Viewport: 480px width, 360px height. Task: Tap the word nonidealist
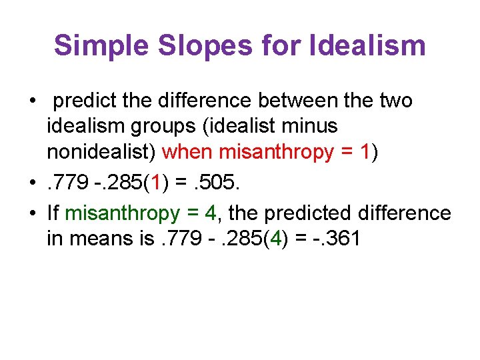[101, 152]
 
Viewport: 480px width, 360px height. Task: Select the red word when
[188, 152]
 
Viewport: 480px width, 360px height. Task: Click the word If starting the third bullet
[53, 213]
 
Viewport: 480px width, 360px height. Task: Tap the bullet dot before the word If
[32, 214]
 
